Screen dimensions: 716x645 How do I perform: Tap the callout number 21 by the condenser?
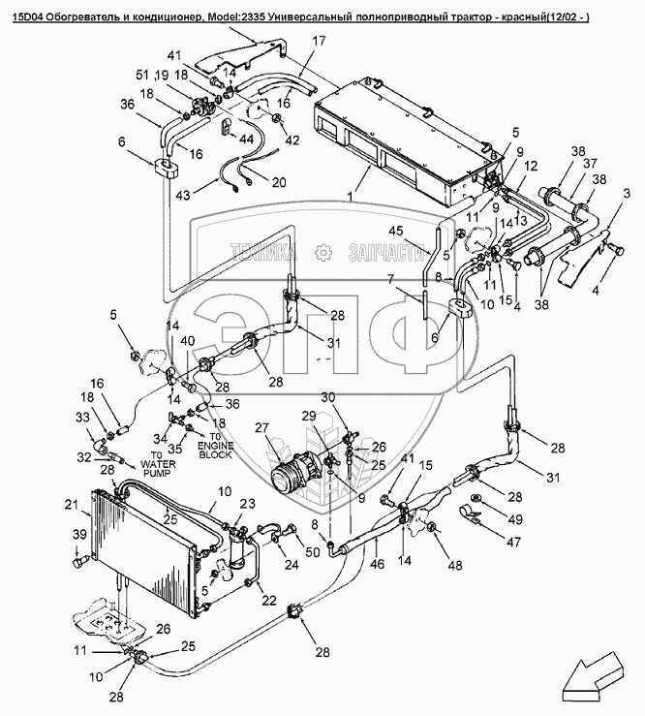[70, 503]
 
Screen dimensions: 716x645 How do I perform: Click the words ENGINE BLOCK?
[215, 452]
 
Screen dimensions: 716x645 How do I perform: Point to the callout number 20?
[278, 182]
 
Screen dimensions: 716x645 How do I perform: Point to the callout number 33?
[82, 418]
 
